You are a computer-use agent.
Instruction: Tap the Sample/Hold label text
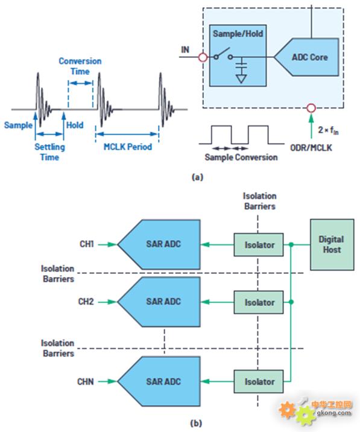238,34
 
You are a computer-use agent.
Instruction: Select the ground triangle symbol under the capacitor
241,79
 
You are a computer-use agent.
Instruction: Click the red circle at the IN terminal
203,57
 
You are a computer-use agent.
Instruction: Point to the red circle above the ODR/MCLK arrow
311,108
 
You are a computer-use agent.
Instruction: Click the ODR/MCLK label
311,148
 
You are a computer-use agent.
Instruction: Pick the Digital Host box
332,244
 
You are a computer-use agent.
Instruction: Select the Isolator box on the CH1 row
259,244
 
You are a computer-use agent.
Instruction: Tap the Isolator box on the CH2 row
259,302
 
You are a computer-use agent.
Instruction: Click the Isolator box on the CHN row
259,381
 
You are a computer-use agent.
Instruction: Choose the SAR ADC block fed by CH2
159,302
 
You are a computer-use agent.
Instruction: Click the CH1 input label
87,244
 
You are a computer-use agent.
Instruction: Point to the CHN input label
86,381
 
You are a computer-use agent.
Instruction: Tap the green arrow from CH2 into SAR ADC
107,302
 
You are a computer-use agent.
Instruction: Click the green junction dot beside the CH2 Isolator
291,302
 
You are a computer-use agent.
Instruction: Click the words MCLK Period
127,147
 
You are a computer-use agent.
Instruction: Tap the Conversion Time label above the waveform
80,66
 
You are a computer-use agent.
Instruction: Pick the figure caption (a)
197,177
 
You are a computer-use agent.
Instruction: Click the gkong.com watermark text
334,413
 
